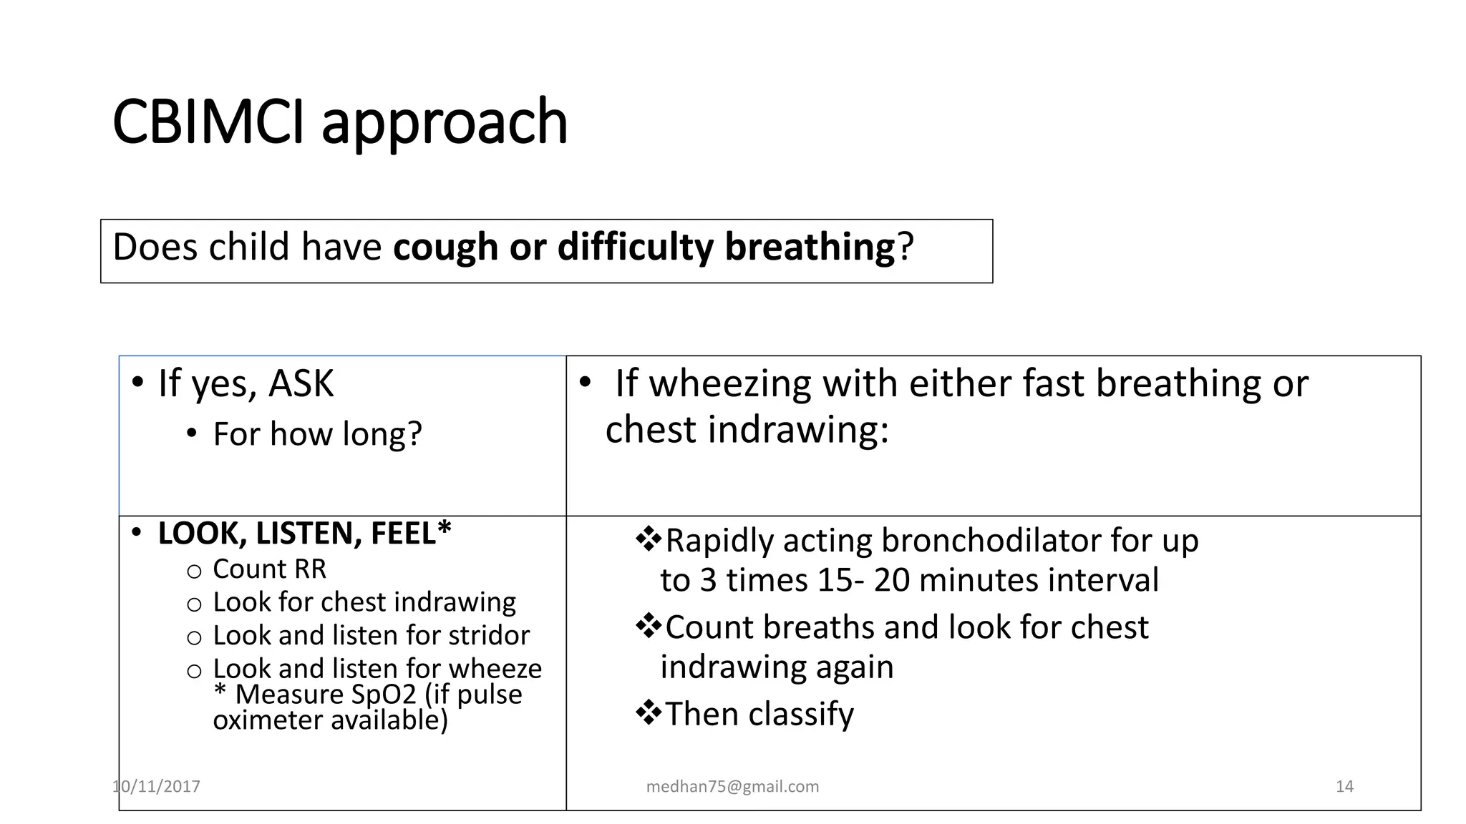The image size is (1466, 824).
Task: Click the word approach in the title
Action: (x=444, y=123)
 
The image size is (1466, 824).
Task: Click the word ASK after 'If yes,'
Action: (x=301, y=383)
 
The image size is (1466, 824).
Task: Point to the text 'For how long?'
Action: (x=317, y=434)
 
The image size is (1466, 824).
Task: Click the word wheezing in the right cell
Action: (x=730, y=383)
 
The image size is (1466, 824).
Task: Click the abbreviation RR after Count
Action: (x=309, y=569)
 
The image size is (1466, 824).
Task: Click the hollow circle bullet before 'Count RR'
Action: (x=194, y=571)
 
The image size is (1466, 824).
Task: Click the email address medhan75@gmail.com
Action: (x=732, y=787)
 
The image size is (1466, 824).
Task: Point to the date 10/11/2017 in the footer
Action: (x=156, y=787)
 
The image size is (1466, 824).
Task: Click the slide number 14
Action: (x=1344, y=787)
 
